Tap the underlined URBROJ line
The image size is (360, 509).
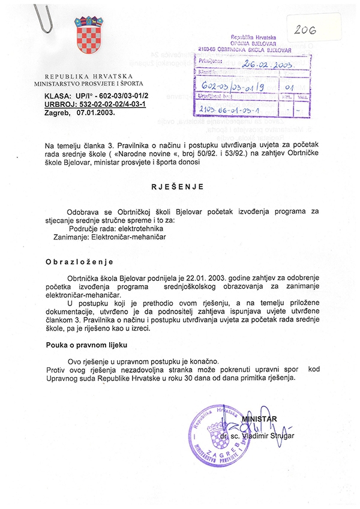pos(95,104)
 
